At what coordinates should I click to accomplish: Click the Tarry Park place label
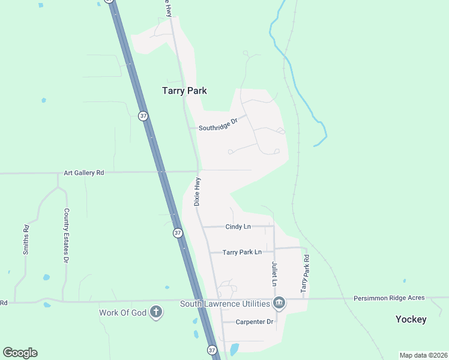184,91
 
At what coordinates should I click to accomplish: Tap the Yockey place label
411,319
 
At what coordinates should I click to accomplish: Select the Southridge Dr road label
218,128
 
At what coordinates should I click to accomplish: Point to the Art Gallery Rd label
84,173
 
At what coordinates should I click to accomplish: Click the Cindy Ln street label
238,227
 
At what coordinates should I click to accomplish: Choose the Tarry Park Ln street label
242,253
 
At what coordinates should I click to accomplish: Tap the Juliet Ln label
274,273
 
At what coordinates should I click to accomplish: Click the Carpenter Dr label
254,322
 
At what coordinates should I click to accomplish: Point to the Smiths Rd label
26,239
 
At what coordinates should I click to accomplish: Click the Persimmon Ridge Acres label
389,298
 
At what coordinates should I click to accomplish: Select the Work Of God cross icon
156,312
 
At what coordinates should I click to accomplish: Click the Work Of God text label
122,312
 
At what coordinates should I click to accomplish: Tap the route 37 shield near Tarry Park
143,116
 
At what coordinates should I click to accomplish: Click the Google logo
20,353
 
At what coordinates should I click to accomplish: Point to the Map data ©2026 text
423,355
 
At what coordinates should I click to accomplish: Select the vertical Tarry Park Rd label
306,273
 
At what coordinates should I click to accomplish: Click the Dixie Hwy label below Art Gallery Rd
197,191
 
